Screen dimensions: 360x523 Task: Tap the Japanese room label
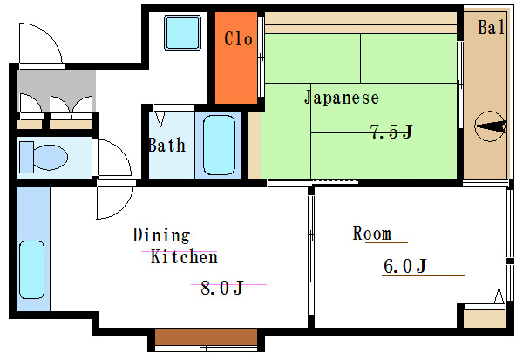[x=341, y=98]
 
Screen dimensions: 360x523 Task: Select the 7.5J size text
[x=391, y=132]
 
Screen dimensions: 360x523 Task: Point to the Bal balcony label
[x=491, y=28]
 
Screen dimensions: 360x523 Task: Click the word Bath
[x=166, y=145]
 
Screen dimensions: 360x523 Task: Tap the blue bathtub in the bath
[x=219, y=145]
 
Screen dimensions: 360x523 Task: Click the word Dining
[x=160, y=235]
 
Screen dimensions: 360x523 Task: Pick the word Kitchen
[x=183, y=257]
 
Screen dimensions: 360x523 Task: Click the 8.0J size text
[x=221, y=288]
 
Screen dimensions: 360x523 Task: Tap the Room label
[x=371, y=234]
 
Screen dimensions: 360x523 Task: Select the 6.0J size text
[x=404, y=266]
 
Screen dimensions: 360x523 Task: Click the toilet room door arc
[x=114, y=159]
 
